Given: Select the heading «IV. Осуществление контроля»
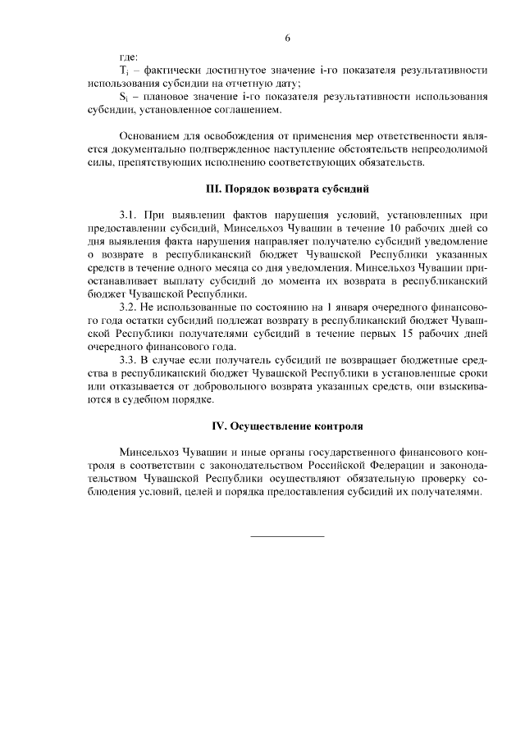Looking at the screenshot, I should pyautogui.click(x=287, y=427).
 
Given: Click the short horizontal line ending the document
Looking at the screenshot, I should pyautogui.click(x=287, y=535).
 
